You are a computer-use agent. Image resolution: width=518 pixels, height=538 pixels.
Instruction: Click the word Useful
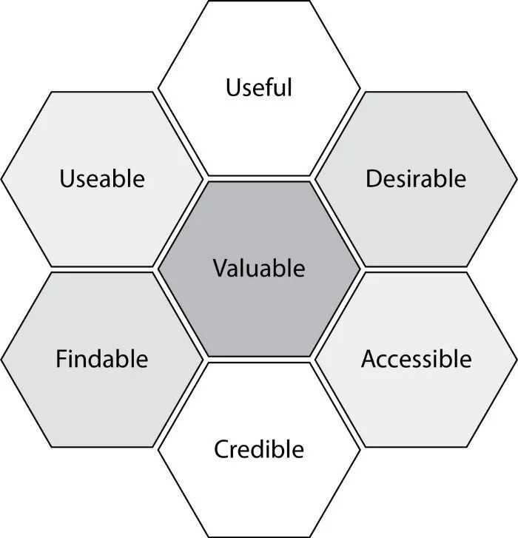259,87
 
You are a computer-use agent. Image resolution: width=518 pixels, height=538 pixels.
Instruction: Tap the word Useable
101,178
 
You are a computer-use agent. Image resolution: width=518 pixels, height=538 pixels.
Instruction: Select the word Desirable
416,178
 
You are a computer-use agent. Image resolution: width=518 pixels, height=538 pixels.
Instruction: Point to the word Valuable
259,268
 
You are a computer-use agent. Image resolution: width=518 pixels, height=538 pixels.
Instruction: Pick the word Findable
101,359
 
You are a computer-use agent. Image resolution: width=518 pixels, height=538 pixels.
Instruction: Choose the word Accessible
416,359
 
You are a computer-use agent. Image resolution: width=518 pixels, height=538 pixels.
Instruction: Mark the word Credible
259,448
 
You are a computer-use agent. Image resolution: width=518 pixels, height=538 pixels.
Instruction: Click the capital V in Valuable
220,268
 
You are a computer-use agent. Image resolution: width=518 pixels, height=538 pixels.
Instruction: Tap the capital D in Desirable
373,178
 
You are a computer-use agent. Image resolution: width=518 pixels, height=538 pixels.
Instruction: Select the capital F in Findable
61,359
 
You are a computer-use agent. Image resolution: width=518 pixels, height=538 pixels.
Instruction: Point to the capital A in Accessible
368,359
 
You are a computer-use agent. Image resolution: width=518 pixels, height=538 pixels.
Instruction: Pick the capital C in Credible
221,448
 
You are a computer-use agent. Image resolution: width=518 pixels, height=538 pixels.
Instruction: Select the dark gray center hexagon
259,303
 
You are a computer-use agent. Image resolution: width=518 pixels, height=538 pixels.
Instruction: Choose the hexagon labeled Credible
259,488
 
